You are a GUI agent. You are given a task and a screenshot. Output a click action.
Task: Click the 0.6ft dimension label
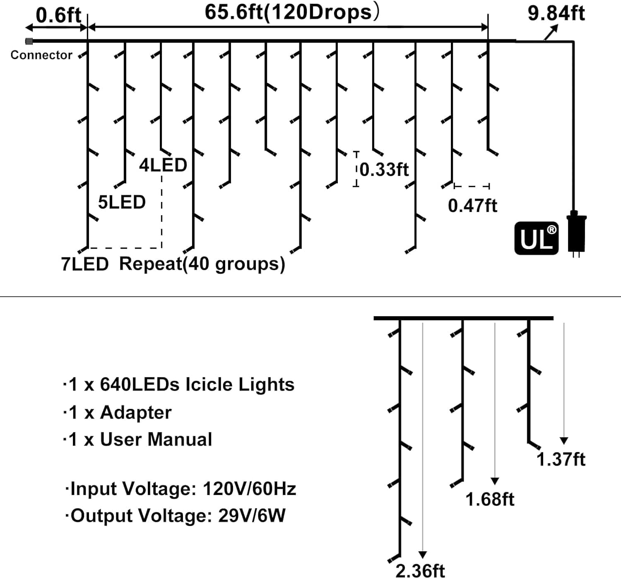(58, 15)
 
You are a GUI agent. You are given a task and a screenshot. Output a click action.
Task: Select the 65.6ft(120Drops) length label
(291, 12)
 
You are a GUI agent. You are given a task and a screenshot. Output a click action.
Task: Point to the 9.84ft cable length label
(556, 13)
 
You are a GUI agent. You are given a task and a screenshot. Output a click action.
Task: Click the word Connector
(41, 55)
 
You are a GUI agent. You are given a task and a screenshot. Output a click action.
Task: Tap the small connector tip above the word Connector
(29, 41)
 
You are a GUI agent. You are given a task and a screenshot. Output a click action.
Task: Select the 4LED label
(163, 165)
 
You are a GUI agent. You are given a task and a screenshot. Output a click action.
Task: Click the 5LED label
(122, 202)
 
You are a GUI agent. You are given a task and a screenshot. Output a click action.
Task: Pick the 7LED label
(85, 264)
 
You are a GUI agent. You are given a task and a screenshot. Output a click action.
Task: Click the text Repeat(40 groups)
(202, 264)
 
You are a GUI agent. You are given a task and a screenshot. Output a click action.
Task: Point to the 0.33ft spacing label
(384, 170)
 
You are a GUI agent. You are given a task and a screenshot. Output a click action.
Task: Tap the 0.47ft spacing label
(472, 206)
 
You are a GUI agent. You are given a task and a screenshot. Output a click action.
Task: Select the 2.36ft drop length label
(420, 571)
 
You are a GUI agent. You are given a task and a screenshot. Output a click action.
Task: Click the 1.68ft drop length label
(490, 500)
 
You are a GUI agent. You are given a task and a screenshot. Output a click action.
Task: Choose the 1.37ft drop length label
(561, 459)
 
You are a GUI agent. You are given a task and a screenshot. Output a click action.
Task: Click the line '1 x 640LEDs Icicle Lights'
(179, 384)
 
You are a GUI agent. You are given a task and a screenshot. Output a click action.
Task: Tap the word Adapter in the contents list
(136, 413)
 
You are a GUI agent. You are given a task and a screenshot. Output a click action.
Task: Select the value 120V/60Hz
(249, 489)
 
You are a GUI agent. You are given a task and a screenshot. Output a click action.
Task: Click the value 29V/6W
(252, 516)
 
